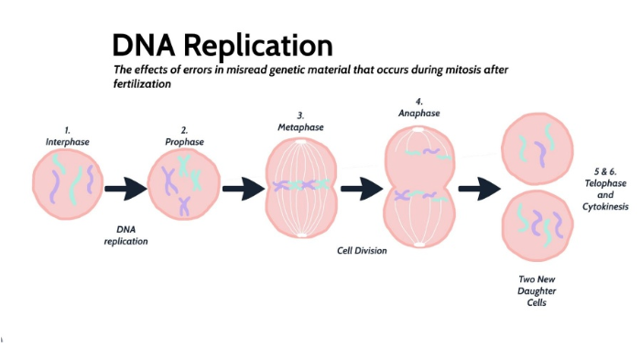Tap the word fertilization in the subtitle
coord(143,84)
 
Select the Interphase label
coord(67,142)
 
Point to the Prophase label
coord(185,142)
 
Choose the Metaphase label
coord(301,127)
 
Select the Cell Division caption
coord(363,250)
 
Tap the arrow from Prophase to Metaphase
coord(243,190)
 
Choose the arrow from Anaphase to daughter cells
coord(477,190)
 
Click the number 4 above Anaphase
coord(418,101)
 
